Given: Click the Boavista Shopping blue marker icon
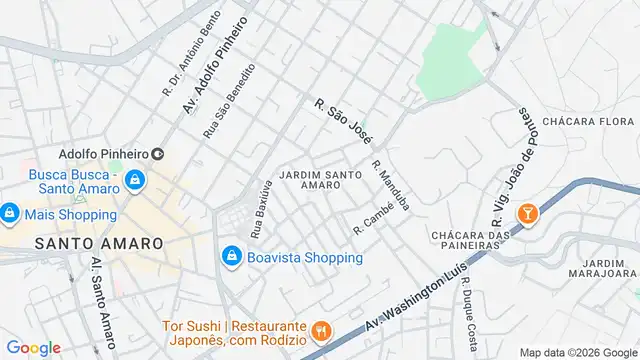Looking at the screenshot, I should coord(232,257).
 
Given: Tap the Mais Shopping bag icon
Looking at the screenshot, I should coord(9,213).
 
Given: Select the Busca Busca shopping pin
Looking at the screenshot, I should coord(136,181).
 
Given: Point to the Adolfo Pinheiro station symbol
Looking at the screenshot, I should coord(157,154).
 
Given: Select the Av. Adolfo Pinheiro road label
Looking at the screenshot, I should coord(215,63).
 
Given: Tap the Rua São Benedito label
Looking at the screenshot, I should coord(229,100).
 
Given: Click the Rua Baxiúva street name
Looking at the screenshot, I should coord(261,208).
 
